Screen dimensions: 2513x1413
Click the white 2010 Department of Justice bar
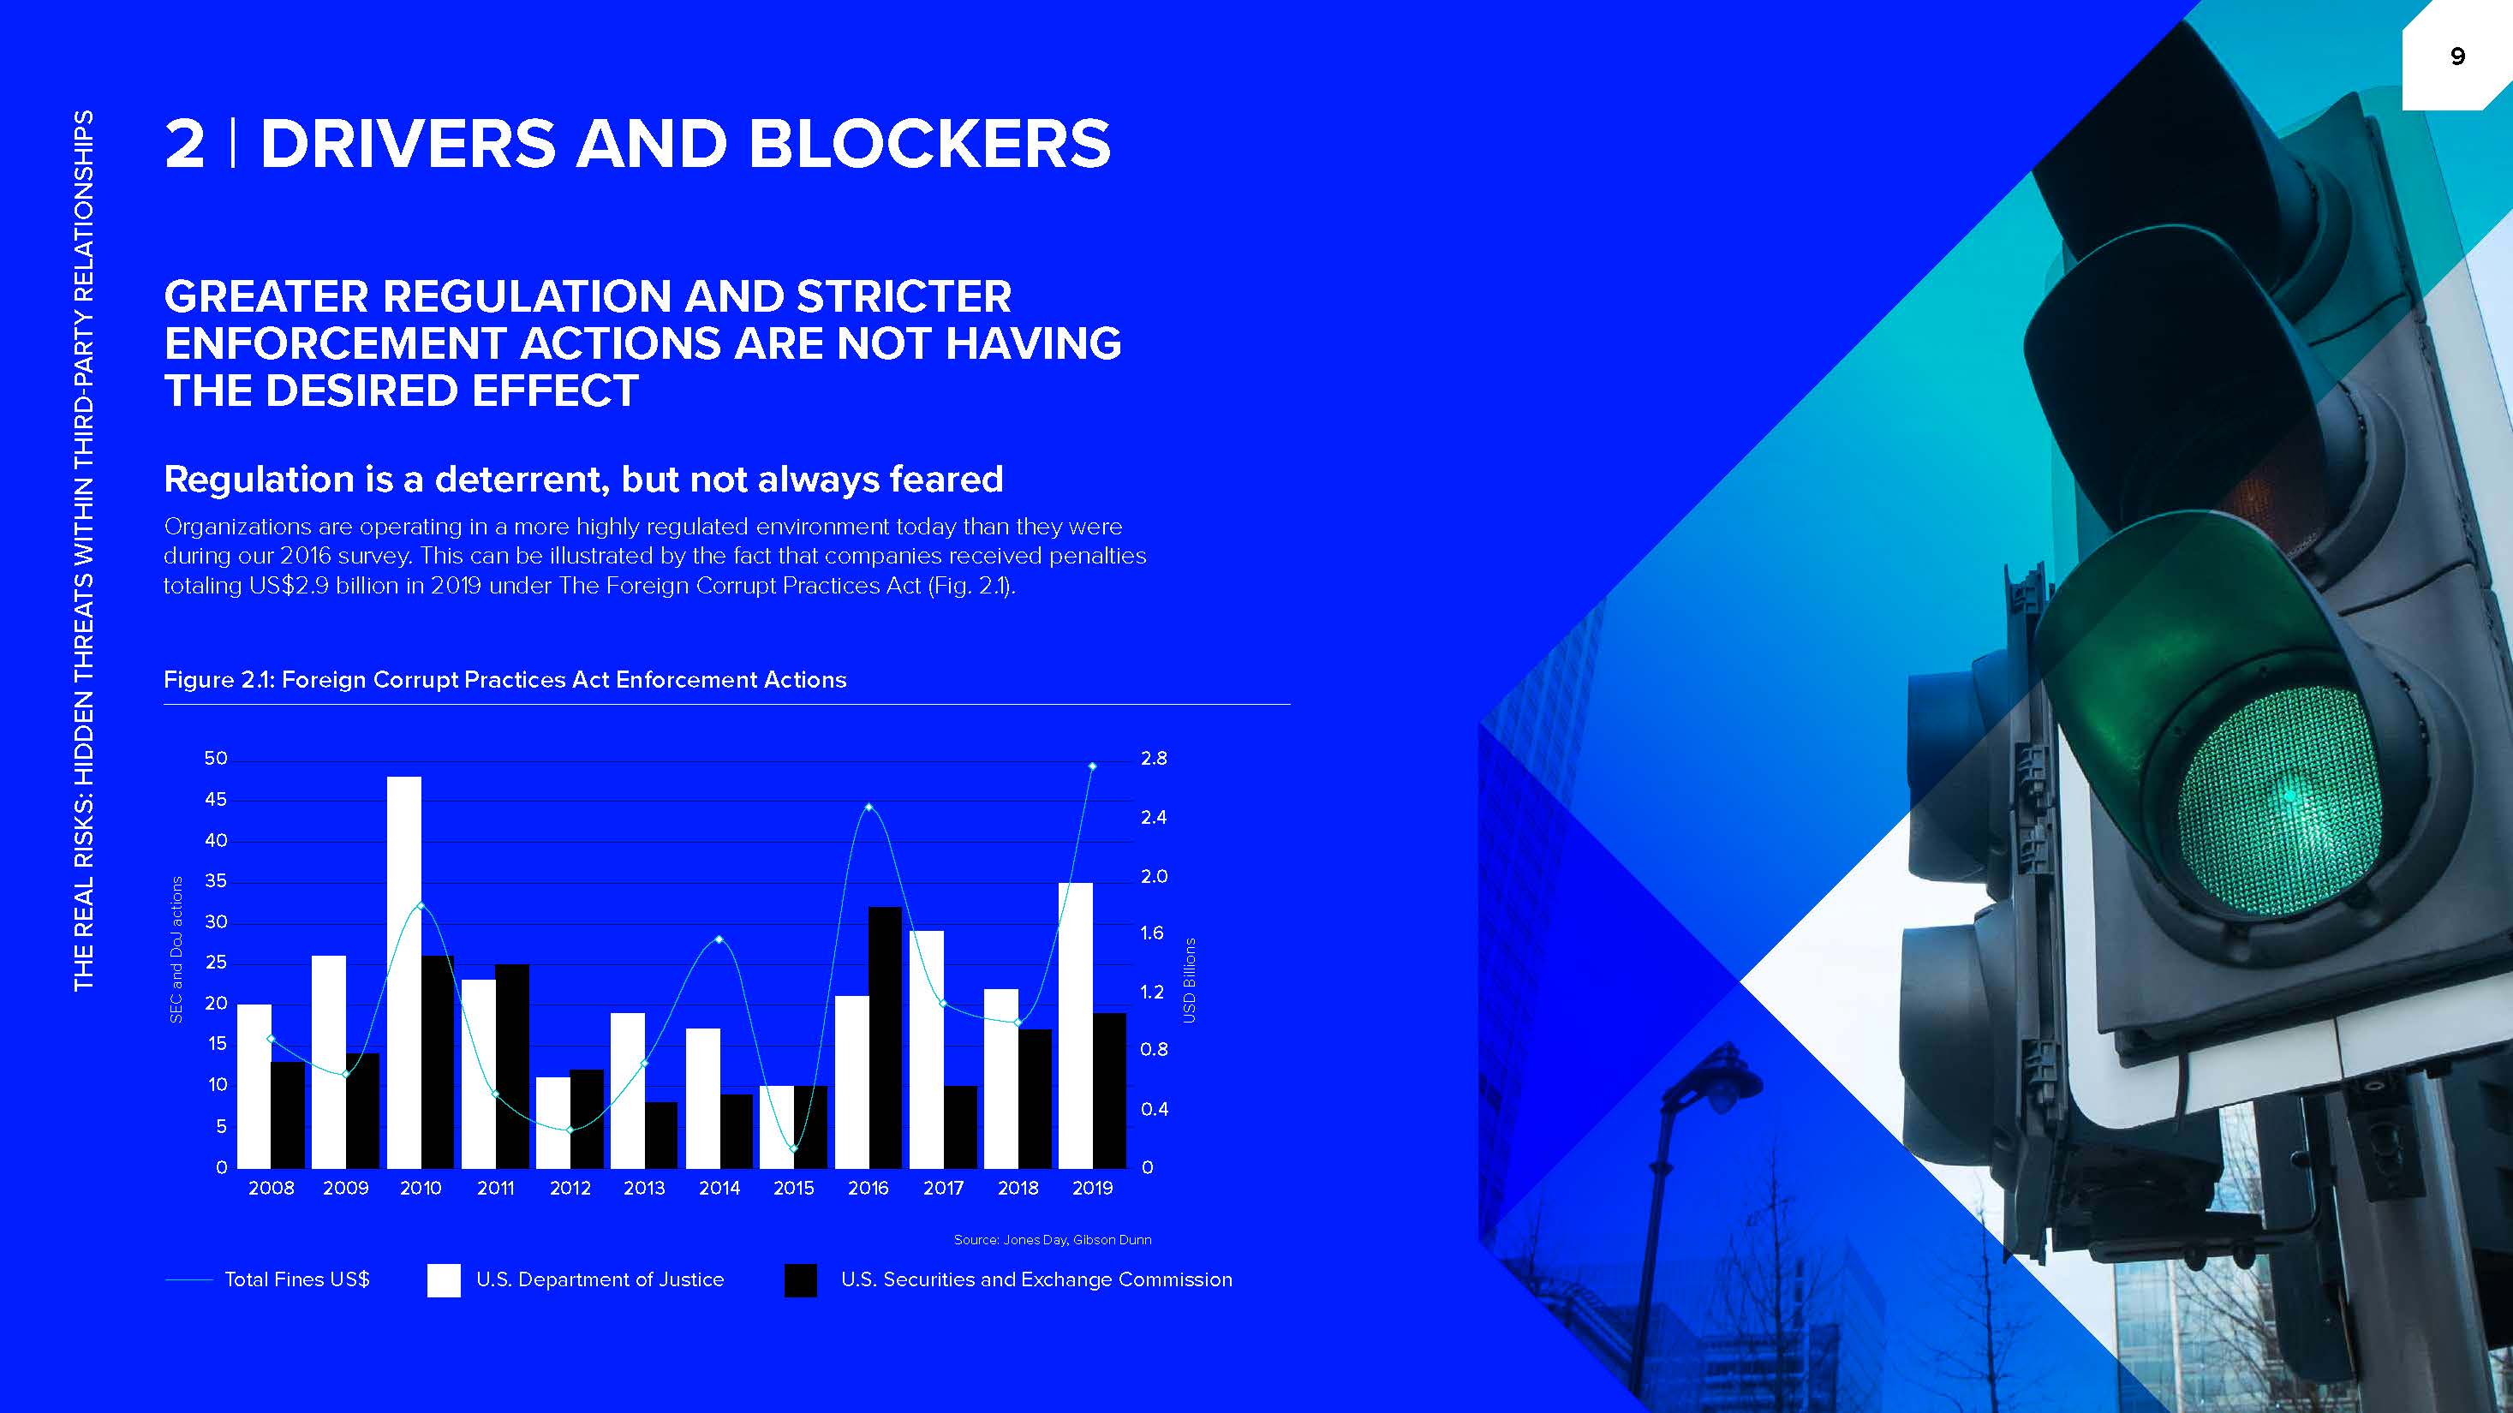pos(404,972)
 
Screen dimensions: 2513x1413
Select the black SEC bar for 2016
pos(885,1038)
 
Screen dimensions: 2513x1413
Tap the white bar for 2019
pos(1075,1026)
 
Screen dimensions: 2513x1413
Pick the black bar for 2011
pos(512,1066)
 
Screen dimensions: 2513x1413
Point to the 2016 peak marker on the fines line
pos(869,807)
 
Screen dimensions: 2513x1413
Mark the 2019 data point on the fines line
pos(1093,766)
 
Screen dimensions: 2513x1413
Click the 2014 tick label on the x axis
pos(719,1188)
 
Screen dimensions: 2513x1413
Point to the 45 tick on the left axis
pos(216,800)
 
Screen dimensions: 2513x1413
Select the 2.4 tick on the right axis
pos(1153,817)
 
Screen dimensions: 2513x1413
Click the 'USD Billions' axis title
pos(1189,980)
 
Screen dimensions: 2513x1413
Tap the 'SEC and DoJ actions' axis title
pos(176,949)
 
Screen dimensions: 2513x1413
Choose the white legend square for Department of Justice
pos(444,1280)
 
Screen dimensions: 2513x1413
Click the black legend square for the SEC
pos(801,1280)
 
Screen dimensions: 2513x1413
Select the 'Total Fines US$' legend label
pos(297,1279)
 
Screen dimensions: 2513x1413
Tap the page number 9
pos(2457,57)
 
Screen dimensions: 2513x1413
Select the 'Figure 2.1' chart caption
pos(505,680)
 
